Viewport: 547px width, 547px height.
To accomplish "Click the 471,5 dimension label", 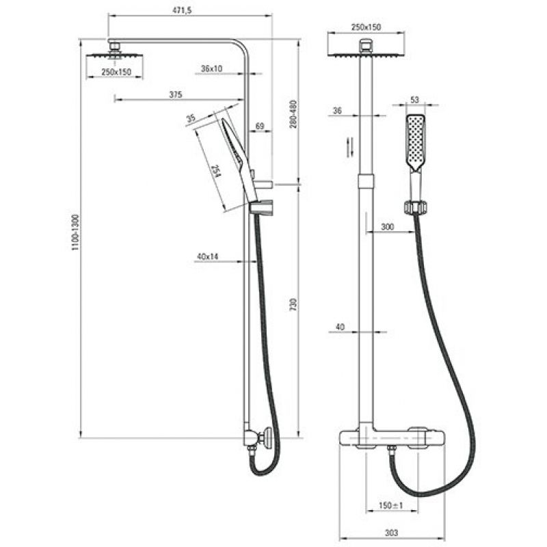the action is click(182, 10).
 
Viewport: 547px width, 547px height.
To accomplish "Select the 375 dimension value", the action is click(176, 94).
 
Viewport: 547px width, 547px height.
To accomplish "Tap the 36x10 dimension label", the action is click(211, 69).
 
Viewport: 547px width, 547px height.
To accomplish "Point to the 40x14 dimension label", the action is click(208, 257).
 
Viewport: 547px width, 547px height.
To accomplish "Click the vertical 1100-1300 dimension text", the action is click(76, 232).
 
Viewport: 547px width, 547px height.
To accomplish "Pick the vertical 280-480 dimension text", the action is click(293, 114).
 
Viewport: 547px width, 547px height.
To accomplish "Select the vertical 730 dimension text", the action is click(293, 304).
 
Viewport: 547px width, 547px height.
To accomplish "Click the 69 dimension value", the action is click(260, 126).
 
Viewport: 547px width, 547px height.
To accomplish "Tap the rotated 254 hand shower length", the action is click(216, 171).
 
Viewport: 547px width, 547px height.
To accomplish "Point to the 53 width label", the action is click(414, 100).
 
